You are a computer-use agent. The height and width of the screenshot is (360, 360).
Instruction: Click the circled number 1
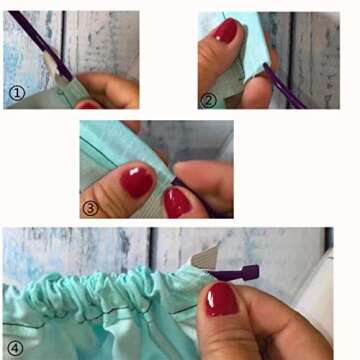(x=17, y=93)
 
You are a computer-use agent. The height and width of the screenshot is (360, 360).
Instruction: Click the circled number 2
(x=209, y=99)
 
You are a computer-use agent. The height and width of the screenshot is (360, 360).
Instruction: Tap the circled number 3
(x=90, y=207)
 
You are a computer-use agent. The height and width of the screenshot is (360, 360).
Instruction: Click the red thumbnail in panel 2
(x=227, y=32)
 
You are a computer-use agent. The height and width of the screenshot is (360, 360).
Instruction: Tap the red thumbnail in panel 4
(x=222, y=297)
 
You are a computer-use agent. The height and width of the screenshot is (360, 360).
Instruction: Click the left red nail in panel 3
(x=136, y=182)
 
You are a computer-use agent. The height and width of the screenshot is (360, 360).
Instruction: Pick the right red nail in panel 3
(x=178, y=201)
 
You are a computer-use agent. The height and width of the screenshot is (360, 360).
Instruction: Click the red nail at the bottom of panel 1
(x=88, y=104)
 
